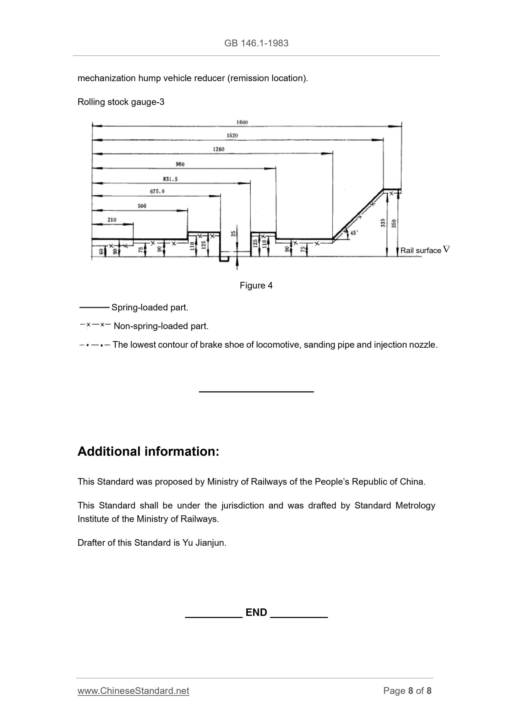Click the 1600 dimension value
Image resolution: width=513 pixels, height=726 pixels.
(242, 122)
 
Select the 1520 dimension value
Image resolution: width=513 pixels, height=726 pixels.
(232, 136)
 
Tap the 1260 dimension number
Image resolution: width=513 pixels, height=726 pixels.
(218, 150)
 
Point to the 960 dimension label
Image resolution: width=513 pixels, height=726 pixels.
(180, 164)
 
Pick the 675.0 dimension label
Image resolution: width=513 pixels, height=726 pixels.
(158, 191)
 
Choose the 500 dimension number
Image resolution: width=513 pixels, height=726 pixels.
(142, 206)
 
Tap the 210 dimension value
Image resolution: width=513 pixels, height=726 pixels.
(112, 220)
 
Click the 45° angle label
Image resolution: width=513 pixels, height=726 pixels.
(354, 233)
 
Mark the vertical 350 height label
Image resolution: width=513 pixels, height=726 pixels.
(394, 223)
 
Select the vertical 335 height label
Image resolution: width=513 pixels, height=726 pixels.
(383, 223)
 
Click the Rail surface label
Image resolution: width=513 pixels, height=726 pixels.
(421, 251)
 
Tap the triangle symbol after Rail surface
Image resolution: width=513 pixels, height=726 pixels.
(446, 249)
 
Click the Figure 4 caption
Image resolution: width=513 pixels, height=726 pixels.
(256, 286)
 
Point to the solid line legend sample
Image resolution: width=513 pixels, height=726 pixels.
(94, 307)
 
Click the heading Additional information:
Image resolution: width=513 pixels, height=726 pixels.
(148, 451)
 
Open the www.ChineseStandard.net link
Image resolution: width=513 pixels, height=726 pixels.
(133, 691)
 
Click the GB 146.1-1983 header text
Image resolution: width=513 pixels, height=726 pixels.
(256, 43)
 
